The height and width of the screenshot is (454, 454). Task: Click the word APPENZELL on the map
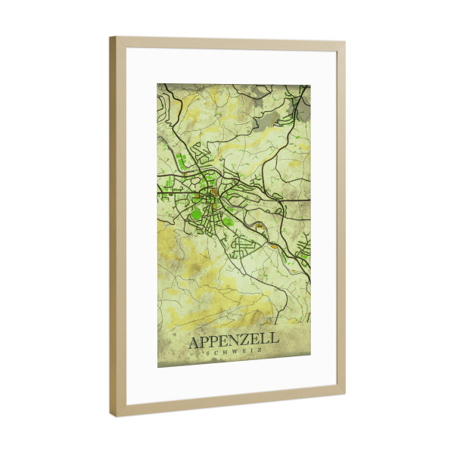[234, 342]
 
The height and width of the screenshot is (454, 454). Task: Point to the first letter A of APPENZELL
[194, 343]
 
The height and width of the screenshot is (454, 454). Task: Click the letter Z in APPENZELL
[250, 342]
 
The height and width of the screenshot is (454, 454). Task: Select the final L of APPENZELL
[274, 342]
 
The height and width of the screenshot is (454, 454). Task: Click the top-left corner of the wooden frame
[110, 37]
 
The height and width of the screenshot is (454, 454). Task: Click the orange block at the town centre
[216, 191]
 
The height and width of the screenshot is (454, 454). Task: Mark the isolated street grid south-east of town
[247, 245]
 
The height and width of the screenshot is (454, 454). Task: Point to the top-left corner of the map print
[157, 84]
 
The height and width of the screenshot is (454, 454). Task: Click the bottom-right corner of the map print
[311, 362]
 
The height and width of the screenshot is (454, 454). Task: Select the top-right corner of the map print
[311, 84]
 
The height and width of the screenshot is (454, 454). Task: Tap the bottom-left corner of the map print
[157, 367]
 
